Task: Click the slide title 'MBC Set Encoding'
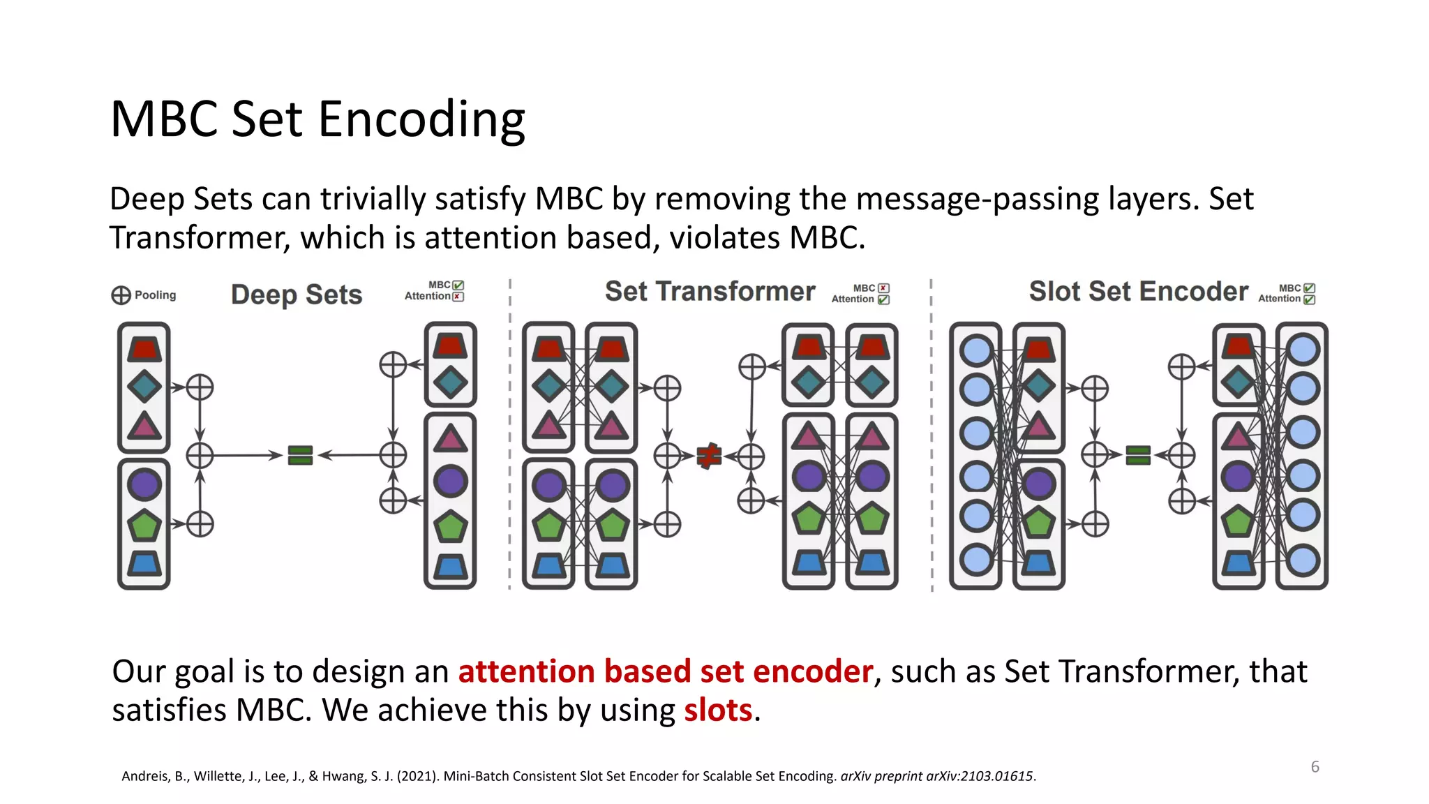[x=317, y=119]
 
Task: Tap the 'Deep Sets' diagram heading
[x=297, y=295]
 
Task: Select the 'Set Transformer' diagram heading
[x=710, y=292]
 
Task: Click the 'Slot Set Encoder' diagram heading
[x=1138, y=292]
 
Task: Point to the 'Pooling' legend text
[x=155, y=295]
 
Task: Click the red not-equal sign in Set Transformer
[x=709, y=456]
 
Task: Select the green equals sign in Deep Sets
[x=300, y=456]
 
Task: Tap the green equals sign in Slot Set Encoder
[x=1138, y=456]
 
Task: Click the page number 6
[x=1315, y=767]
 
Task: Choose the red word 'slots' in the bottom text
[x=717, y=710]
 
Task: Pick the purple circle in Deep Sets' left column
[x=144, y=484]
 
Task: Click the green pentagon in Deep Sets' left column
[x=144, y=526]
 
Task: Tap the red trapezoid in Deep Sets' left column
[x=144, y=349]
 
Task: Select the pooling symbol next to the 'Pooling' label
[x=121, y=295]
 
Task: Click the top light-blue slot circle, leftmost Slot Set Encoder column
[x=975, y=350]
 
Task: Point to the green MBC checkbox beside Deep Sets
[x=458, y=285]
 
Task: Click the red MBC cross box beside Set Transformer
[x=883, y=288]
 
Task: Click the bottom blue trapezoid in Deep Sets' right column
[x=450, y=566]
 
